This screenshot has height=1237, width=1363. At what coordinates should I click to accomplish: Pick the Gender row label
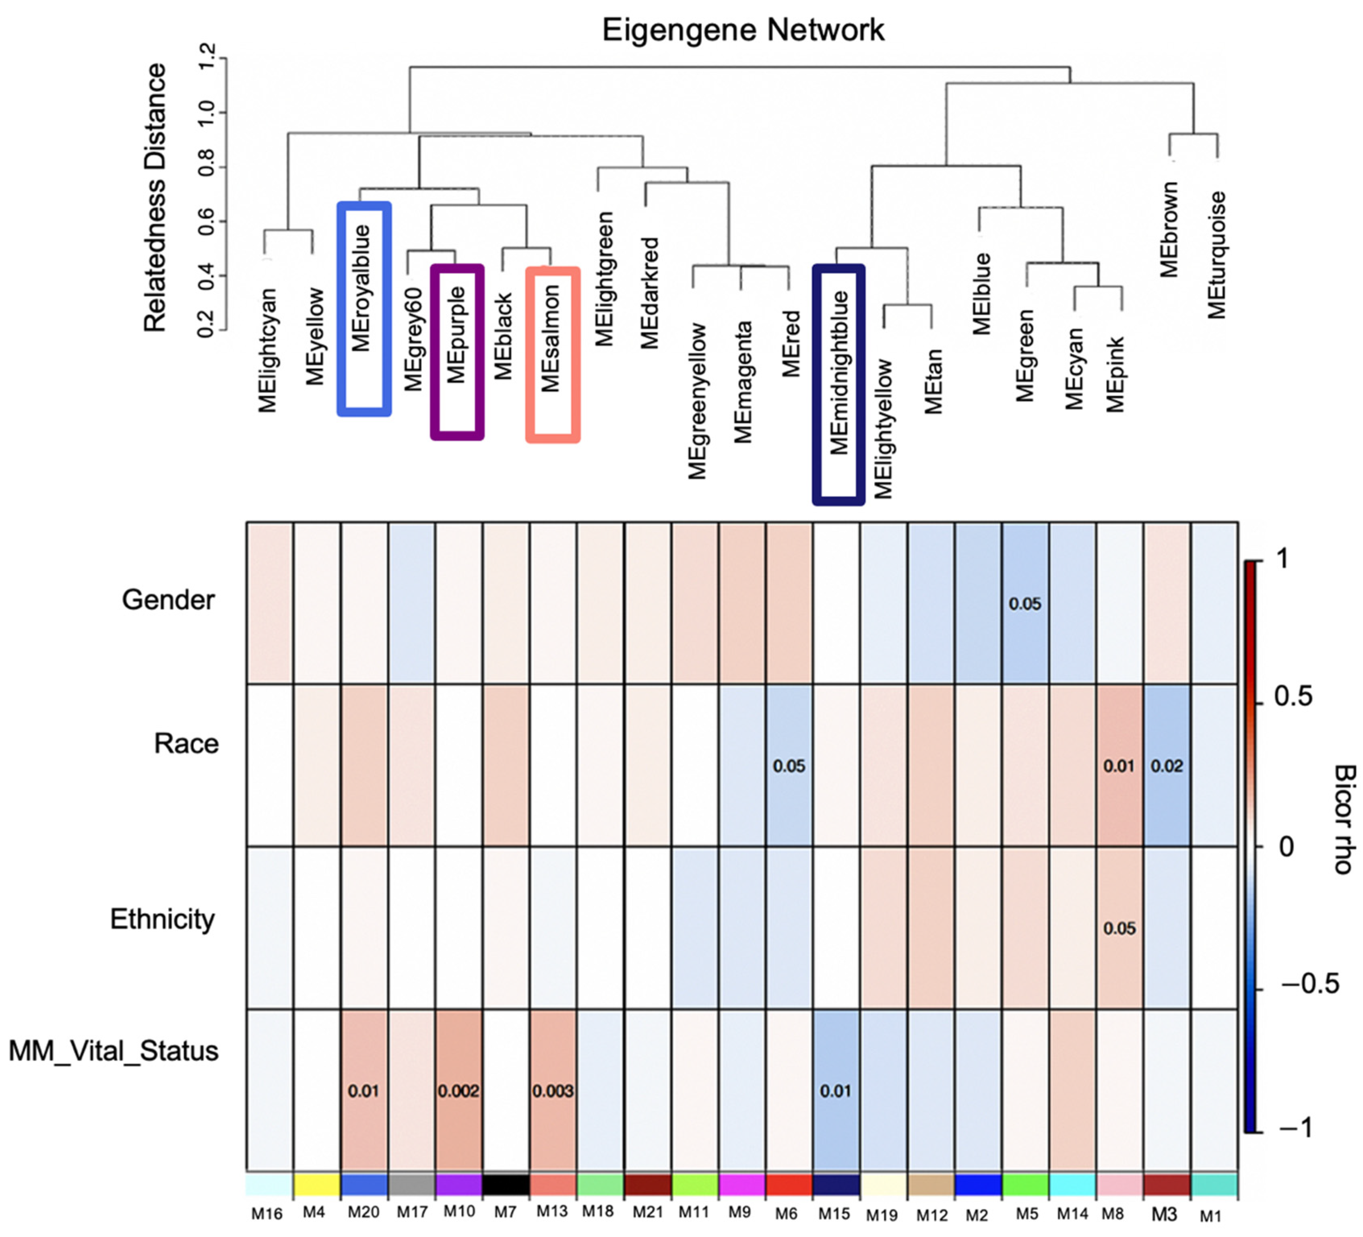[x=168, y=599]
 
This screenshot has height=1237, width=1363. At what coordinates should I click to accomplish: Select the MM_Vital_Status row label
[x=114, y=1051]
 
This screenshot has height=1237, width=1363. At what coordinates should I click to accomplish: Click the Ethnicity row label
[x=162, y=919]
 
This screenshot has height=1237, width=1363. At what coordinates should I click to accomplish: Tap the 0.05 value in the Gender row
[x=1025, y=604]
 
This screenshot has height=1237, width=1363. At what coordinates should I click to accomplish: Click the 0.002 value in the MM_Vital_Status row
[x=458, y=1091]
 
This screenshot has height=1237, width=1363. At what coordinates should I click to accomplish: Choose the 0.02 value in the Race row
[x=1167, y=766]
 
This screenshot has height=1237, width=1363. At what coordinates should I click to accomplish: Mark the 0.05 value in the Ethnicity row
[x=1119, y=928]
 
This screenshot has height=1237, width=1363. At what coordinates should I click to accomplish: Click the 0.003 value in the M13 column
[x=553, y=1091]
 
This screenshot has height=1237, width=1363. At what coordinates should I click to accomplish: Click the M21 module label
[x=648, y=1213]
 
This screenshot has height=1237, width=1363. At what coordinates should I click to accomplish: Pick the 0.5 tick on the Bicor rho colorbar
[x=1293, y=696]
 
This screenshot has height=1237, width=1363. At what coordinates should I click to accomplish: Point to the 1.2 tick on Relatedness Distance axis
[x=206, y=56]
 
